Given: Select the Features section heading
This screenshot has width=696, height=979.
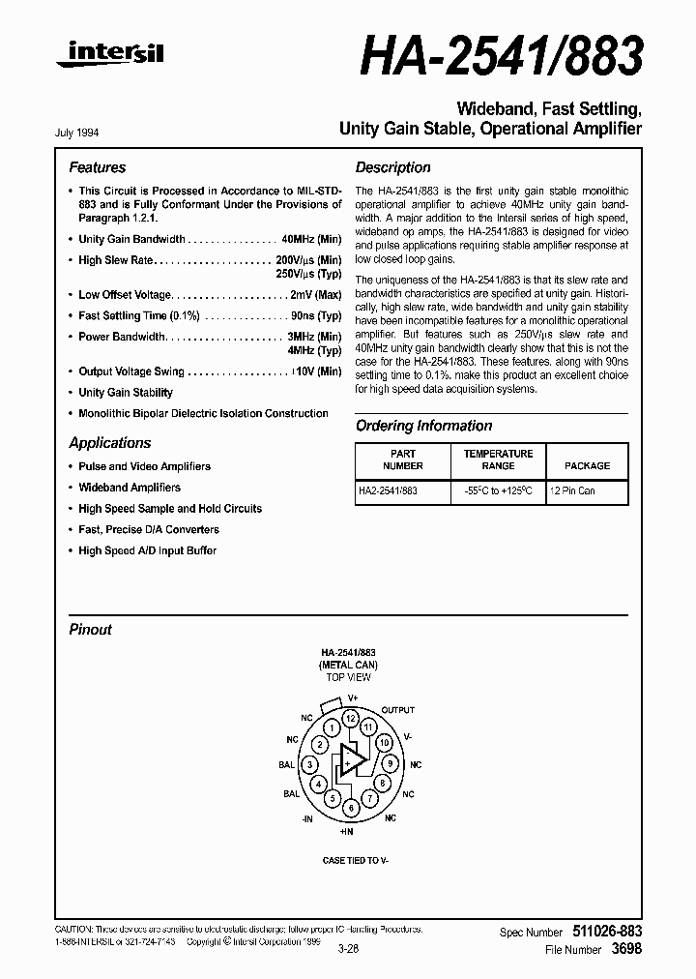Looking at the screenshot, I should coord(97,167).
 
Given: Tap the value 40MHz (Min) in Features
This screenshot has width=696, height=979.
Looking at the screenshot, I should coord(310,239).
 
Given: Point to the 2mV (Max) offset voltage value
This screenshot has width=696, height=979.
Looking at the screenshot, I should coord(315,294).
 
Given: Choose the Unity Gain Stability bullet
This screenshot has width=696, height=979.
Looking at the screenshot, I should coord(126,393).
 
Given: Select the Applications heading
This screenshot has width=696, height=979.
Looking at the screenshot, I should coord(109,443).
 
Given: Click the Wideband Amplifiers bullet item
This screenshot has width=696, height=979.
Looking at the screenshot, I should coord(130,488).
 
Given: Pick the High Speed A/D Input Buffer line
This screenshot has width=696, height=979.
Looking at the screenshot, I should coord(147,550).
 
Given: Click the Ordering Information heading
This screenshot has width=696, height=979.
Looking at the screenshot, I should coord(423,426).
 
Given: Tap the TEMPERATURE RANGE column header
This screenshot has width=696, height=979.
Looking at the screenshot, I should coord(498,460).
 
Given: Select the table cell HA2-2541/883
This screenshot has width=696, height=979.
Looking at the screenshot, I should coord(388,491).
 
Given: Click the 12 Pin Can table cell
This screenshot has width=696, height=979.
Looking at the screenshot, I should coord(572,491).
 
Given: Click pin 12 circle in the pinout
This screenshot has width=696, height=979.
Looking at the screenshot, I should coord(351,719).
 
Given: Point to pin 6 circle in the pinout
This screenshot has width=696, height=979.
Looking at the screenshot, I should coord(352,807).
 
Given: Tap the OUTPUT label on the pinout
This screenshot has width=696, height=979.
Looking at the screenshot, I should coord(397,710).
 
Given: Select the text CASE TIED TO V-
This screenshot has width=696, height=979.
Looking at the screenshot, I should coord(355,860).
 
